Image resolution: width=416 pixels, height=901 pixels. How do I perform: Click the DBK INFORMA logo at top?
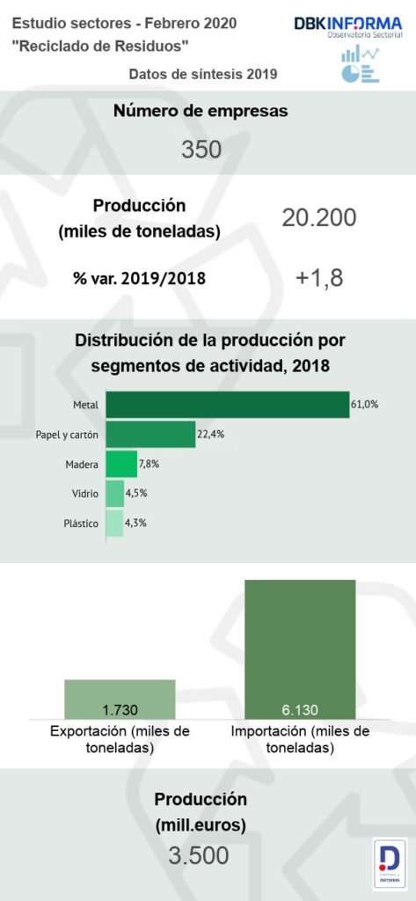(x=347, y=28)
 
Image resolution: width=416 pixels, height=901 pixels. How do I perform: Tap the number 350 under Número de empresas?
(x=201, y=150)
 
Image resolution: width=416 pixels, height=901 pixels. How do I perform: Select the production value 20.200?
(x=318, y=217)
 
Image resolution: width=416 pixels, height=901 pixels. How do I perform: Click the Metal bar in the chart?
(x=227, y=405)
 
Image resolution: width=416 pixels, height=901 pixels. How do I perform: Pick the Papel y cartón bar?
(x=150, y=434)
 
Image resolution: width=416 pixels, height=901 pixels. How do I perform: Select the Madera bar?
(x=121, y=464)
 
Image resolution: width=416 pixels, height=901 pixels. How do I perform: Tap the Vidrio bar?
(x=114, y=494)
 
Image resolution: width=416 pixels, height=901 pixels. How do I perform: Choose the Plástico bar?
(x=114, y=524)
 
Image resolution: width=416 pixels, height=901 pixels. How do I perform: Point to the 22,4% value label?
(x=210, y=434)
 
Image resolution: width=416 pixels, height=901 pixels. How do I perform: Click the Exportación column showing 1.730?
(x=120, y=700)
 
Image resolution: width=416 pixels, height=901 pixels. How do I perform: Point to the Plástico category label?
(x=81, y=524)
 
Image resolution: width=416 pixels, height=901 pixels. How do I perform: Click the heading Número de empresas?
(x=201, y=111)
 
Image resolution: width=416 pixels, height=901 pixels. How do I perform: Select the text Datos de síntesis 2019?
(x=203, y=75)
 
